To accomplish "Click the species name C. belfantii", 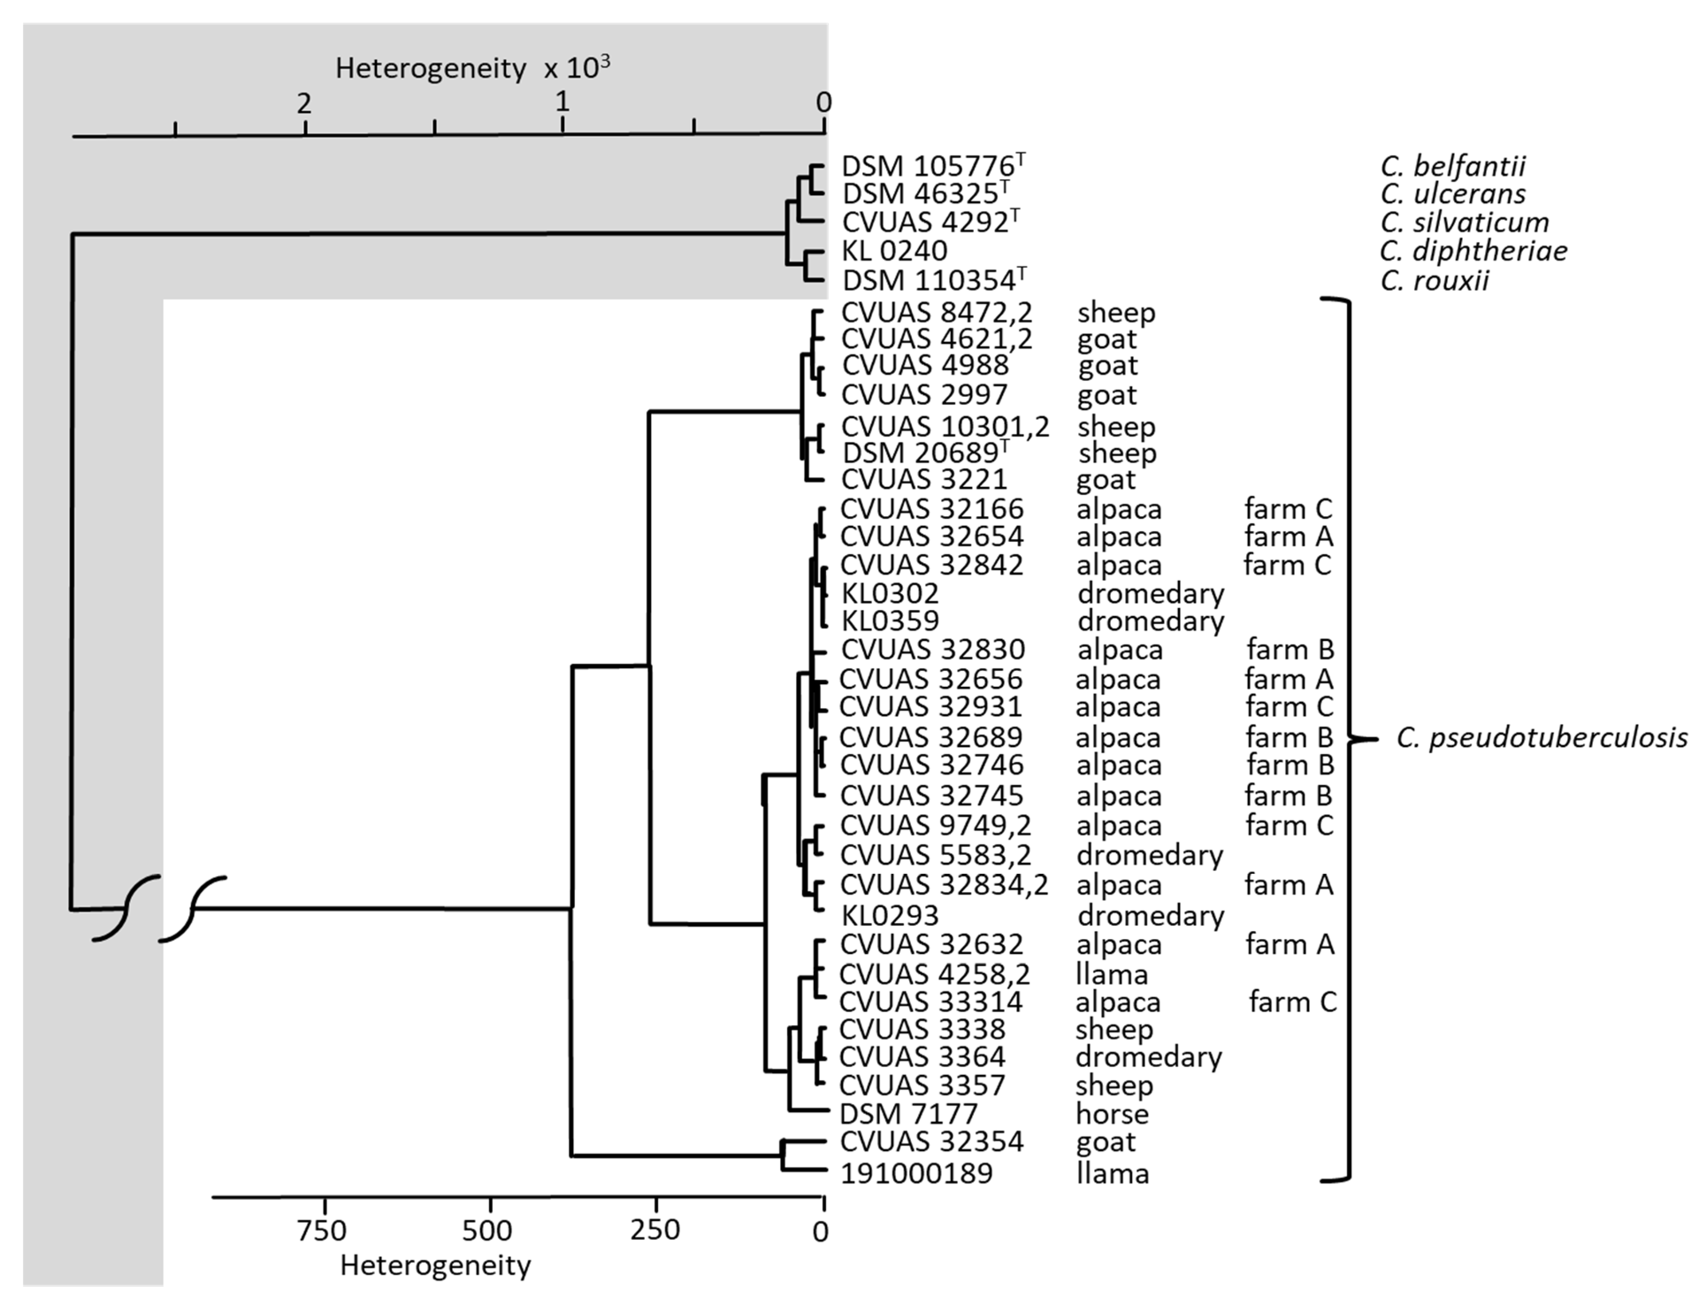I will tap(1453, 166).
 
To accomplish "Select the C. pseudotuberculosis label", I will tap(1542, 738).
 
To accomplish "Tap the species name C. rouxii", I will tap(1435, 280).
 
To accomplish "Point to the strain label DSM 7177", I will tap(908, 1114).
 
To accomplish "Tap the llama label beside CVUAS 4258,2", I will tap(1111, 973).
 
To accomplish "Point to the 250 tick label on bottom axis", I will tap(654, 1231).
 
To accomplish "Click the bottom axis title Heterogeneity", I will tap(435, 1266).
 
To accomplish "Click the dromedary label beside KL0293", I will tap(1150, 915).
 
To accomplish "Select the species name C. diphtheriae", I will tap(1473, 250).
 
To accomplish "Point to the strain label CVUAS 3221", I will tap(924, 479).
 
